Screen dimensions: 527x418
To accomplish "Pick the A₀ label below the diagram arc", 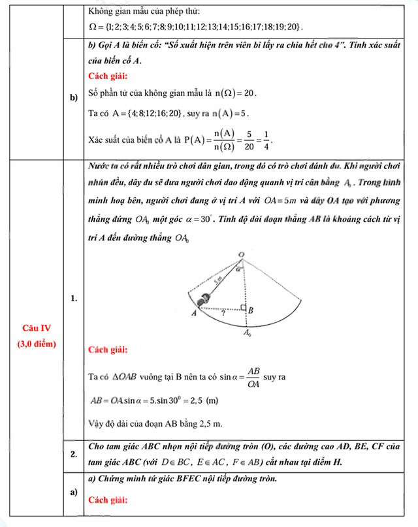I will pos(247,334).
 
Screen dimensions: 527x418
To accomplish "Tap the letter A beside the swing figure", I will pos(194,313).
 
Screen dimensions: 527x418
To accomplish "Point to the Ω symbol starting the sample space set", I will pos(92,27).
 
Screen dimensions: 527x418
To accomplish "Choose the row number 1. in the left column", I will pos(74,299).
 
